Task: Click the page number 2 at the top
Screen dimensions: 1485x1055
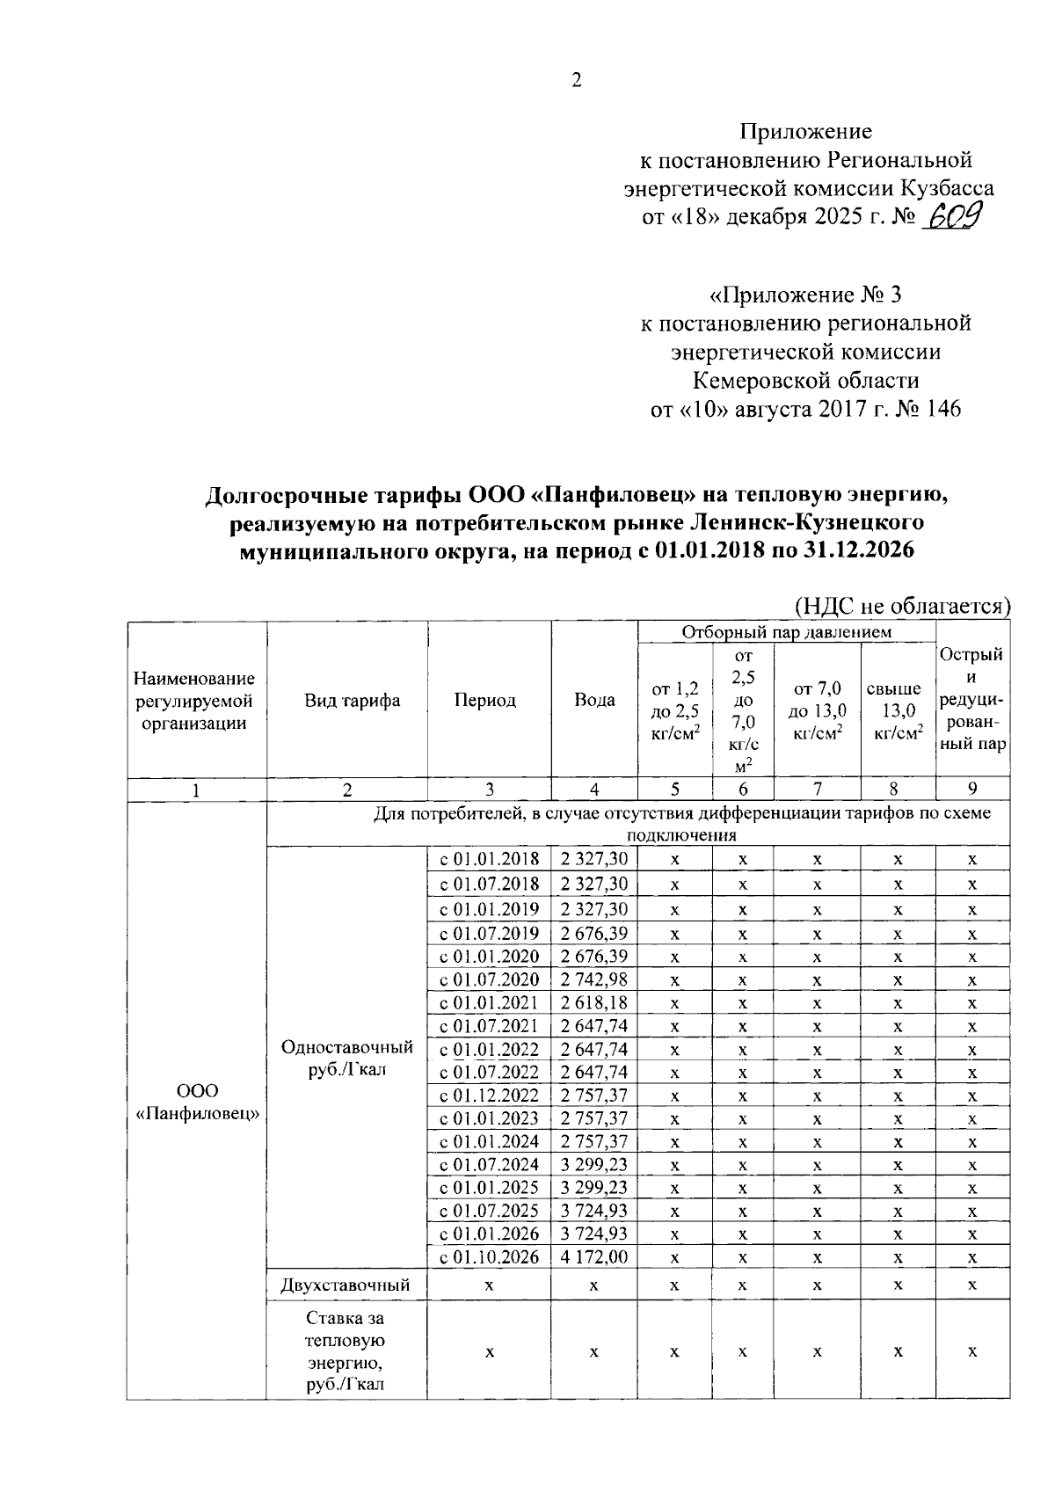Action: pyautogui.click(x=576, y=81)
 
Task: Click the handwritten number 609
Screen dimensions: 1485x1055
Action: pyautogui.click(x=955, y=215)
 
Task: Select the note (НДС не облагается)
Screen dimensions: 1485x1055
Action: pyautogui.click(x=902, y=606)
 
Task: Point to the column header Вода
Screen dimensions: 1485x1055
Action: pyautogui.click(x=594, y=700)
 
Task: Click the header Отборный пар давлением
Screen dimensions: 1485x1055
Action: pyautogui.click(x=786, y=631)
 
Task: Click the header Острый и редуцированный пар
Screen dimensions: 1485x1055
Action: pyautogui.click(x=972, y=700)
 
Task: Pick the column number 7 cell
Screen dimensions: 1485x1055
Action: pyautogui.click(x=817, y=789)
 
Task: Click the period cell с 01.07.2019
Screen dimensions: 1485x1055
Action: pyautogui.click(x=490, y=933)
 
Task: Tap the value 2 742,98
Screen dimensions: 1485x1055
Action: pyautogui.click(x=594, y=979)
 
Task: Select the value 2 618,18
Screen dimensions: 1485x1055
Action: pyautogui.click(x=594, y=1002)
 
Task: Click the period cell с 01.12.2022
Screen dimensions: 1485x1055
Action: pyautogui.click(x=490, y=1096)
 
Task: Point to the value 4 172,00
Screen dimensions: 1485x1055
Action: pyautogui.click(x=594, y=1257)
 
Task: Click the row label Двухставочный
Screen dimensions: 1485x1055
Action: pyautogui.click(x=345, y=1285)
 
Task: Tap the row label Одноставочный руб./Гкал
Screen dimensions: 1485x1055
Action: pyautogui.click(x=346, y=1058)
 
